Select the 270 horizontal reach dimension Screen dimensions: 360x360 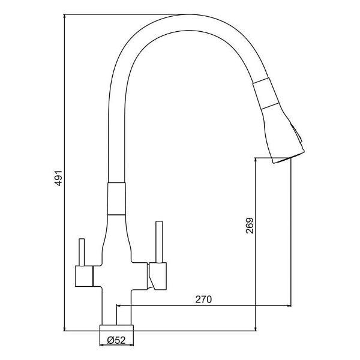tap(204, 298)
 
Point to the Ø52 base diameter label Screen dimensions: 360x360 tap(117, 341)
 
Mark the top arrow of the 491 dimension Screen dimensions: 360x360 tap(64, 16)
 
